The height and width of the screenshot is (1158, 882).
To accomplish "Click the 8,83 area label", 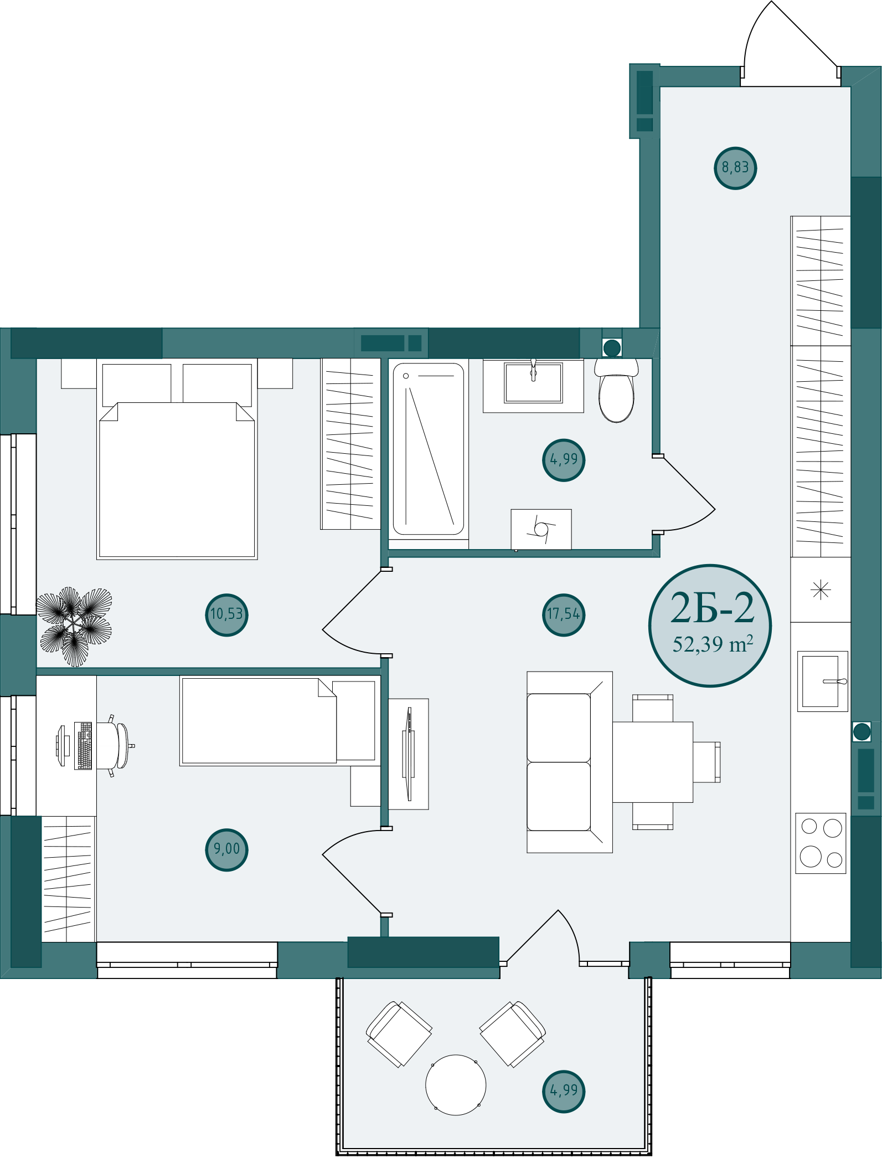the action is [735, 168].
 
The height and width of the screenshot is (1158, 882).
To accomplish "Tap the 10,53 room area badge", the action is [226, 614].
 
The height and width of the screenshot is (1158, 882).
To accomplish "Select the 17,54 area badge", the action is [563, 614].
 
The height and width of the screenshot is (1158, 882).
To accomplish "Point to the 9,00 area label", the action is [226, 849].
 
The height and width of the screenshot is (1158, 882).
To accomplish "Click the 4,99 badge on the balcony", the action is [564, 1091].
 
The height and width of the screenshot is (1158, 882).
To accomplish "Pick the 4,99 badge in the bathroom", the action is [564, 460].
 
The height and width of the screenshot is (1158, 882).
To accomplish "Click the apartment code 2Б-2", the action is [712, 608].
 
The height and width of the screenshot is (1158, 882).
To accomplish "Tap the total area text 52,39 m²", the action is [713, 644].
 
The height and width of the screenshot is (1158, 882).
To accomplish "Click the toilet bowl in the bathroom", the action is [616, 391].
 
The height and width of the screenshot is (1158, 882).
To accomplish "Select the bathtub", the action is [429, 449].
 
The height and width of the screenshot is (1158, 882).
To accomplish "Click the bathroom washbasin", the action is [533, 383].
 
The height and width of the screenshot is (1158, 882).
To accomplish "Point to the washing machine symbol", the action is [541, 530].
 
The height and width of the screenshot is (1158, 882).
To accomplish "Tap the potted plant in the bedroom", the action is [74, 626].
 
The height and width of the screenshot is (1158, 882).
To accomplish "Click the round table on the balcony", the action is [456, 1085].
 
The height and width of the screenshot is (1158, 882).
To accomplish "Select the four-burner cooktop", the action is [821, 843].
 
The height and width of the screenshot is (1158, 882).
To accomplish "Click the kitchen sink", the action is [823, 682].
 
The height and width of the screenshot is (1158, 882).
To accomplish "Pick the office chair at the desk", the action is [116, 746].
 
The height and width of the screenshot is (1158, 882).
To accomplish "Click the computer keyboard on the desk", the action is [83, 746].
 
